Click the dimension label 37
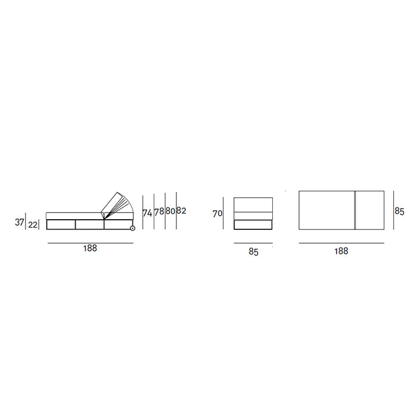coord(20,222)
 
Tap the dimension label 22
coord(33,225)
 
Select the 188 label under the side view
coord(90,248)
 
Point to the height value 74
coord(147,213)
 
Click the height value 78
coord(159,211)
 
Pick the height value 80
coord(170,211)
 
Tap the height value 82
coord(181,211)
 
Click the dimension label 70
coord(217,213)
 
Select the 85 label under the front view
coord(253,252)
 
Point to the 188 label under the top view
coord(341,251)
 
